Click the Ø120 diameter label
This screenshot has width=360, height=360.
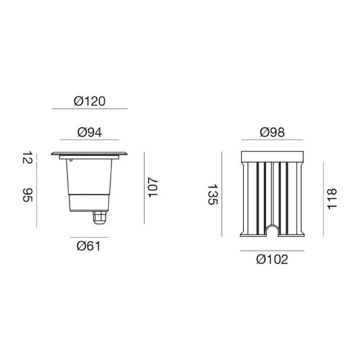point(90,101)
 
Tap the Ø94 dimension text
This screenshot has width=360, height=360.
point(90,132)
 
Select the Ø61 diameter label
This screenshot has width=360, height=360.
point(88,247)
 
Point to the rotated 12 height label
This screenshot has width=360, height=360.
point(27,157)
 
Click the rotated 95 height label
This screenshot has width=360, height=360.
point(27,195)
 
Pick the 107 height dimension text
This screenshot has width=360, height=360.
point(153,187)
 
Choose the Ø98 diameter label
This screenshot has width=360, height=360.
point(272,132)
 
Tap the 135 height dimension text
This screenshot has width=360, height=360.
point(212,195)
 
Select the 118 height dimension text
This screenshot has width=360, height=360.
point(332,199)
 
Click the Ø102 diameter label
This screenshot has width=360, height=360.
point(272,259)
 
